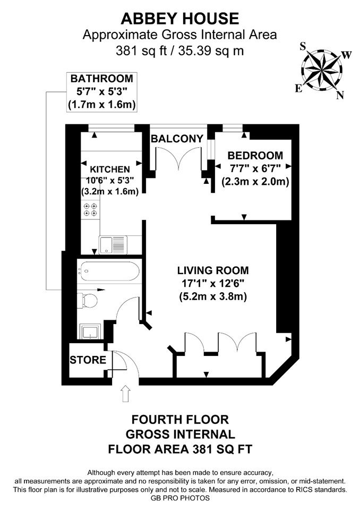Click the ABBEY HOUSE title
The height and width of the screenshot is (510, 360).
tap(180, 19)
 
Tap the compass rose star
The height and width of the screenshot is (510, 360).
tap(322, 69)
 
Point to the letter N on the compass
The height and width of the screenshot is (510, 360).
tap(340, 95)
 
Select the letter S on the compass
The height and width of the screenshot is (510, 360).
tap(303, 47)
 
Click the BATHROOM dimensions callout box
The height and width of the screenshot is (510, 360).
tap(102, 92)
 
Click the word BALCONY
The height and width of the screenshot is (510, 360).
tap(177, 139)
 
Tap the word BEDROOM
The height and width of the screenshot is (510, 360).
tap(255, 156)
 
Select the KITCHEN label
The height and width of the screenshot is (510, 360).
tap(110, 169)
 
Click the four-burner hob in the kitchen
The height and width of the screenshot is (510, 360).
tap(90, 209)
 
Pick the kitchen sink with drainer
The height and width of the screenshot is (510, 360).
tap(112, 244)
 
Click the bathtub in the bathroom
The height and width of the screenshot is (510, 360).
tap(109, 271)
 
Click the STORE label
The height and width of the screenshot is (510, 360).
tap(88, 360)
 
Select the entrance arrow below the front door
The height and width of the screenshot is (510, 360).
tap(126, 394)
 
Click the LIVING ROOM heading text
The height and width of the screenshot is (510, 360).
tap(213, 270)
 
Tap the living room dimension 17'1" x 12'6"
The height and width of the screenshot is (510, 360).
tap(213, 284)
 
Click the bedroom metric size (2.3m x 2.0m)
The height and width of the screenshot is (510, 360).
tap(255, 181)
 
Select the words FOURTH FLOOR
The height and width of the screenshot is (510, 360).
tap(180, 420)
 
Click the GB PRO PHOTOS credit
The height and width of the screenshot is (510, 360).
tap(180, 498)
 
